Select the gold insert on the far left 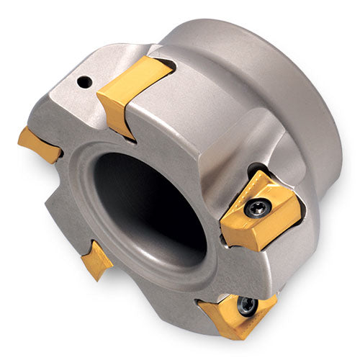[40, 145]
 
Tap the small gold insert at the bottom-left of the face [96, 259]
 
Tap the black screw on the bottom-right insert [247, 306]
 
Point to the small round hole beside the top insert [85, 83]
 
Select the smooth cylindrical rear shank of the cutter [288, 94]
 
